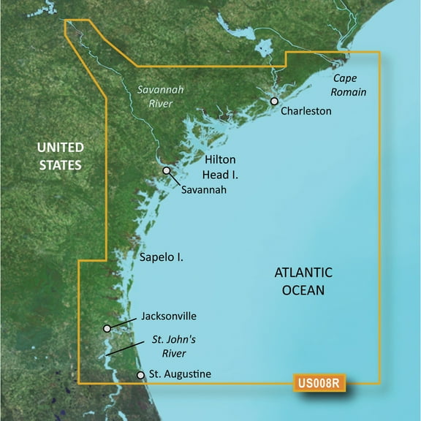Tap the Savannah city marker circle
(167, 171)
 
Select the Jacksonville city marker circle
(107, 329)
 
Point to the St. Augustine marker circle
(141, 375)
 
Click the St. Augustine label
(180, 374)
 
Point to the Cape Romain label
(349, 85)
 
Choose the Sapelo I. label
(161, 257)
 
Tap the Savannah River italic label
(159, 96)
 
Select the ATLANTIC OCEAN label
(303, 281)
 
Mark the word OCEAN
(303, 290)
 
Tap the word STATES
(60, 165)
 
